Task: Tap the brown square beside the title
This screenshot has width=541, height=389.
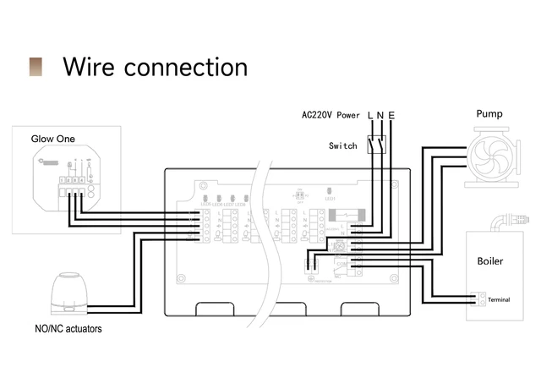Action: pos(36,67)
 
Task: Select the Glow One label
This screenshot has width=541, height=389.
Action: pos(52,139)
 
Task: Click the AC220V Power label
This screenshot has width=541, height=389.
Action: pos(331,115)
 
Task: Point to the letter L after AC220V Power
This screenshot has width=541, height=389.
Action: pos(370,115)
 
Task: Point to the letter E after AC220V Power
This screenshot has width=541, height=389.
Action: pos(391,115)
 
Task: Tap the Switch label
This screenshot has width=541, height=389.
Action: pos(342,145)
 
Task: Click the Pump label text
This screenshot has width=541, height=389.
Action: pos(489,113)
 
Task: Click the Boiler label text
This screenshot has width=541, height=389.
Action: pos(489,261)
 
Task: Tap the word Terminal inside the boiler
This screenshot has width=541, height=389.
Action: pos(499,299)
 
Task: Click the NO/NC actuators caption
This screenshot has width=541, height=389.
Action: pos(67,328)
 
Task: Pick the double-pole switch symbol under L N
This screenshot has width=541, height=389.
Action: pos(376,145)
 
